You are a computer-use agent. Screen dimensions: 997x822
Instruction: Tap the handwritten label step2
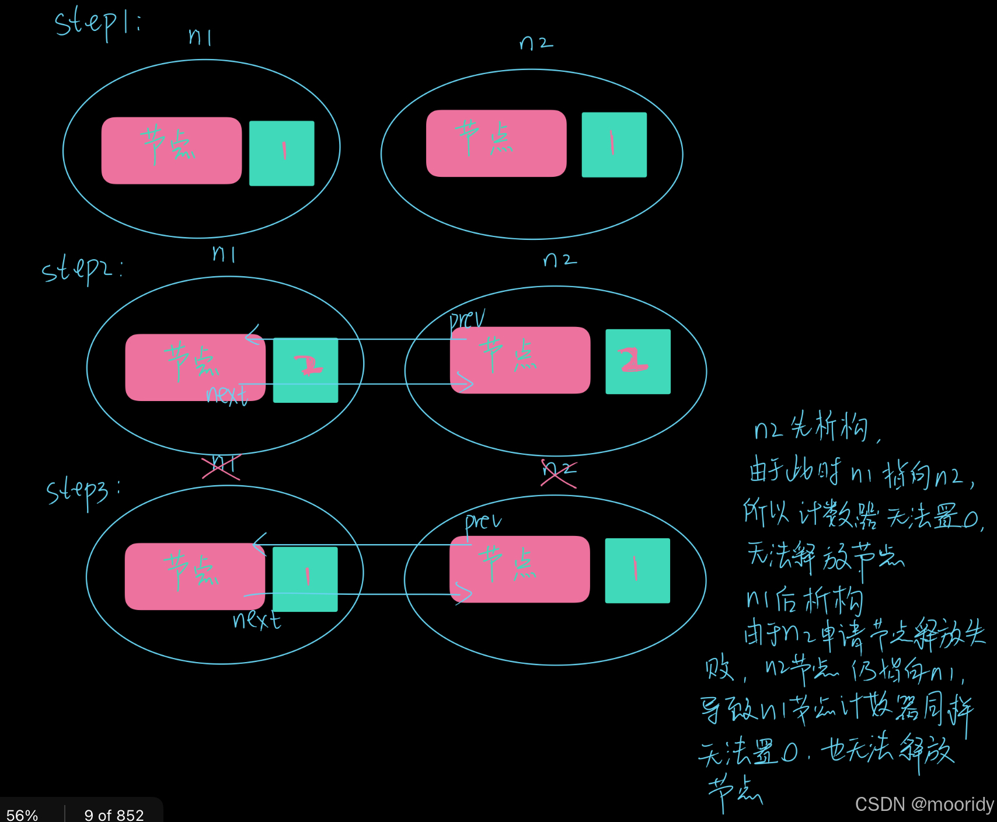point(82,270)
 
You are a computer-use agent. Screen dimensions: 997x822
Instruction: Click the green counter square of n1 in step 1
point(282,154)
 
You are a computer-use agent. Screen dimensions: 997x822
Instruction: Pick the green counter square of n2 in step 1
point(614,145)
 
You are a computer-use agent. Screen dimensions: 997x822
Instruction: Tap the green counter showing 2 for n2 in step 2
point(638,362)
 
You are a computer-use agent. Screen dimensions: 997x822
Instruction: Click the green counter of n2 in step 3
point(637,570)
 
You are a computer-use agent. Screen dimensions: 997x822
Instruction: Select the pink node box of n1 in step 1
point(172,151)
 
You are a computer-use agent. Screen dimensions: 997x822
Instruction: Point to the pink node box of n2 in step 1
point(496,144)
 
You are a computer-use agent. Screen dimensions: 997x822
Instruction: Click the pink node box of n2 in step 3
point(520,569)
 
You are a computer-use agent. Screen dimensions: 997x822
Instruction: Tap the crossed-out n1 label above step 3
point(221,466)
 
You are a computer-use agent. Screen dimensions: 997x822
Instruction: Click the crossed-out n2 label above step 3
point(559,472)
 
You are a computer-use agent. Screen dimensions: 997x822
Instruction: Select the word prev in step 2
point(467,320)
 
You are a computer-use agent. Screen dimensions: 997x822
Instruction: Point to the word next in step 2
point(227,395)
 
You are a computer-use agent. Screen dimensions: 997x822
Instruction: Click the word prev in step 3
point(482,521)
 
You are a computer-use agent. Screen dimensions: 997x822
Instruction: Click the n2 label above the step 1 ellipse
point(536,43)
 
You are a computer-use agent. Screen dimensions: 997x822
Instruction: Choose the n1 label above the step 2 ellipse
point(224,254)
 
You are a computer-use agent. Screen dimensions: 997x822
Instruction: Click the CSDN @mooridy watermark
point(924,804)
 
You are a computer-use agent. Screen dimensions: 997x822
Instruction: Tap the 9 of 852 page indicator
point(114,814)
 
